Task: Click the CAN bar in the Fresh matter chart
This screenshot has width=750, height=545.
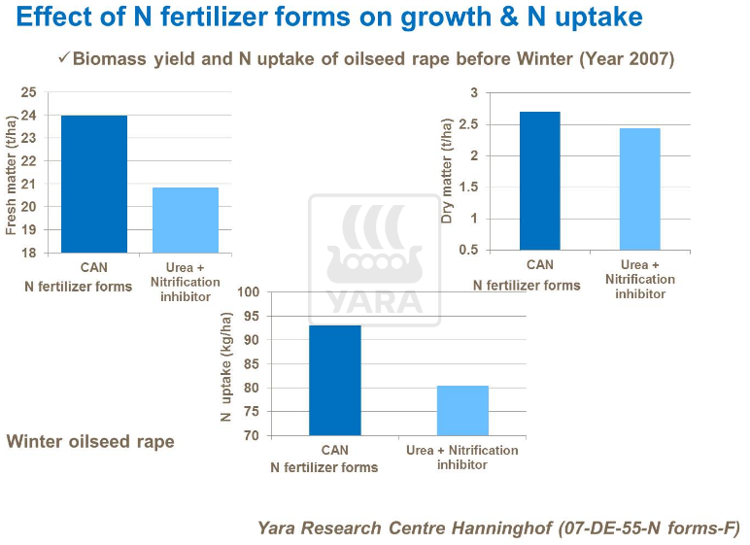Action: pos(94,185)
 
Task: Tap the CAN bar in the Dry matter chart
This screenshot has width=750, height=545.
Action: pos(539,181)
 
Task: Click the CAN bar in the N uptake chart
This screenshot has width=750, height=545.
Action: pos(335,380)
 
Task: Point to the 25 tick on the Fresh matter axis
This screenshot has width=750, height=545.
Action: pos(28,92)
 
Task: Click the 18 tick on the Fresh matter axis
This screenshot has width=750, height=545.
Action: pos(28,253)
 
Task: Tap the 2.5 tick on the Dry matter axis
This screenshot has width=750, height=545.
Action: pos(470,124)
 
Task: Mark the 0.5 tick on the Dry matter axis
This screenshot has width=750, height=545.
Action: pos(470,250)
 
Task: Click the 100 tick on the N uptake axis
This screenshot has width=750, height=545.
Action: pos(249,291)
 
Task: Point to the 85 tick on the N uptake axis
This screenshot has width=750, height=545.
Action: pos(252,363)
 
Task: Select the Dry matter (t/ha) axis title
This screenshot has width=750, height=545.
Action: pos(447,172)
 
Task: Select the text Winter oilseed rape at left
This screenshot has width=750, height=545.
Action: pos(90,442)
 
